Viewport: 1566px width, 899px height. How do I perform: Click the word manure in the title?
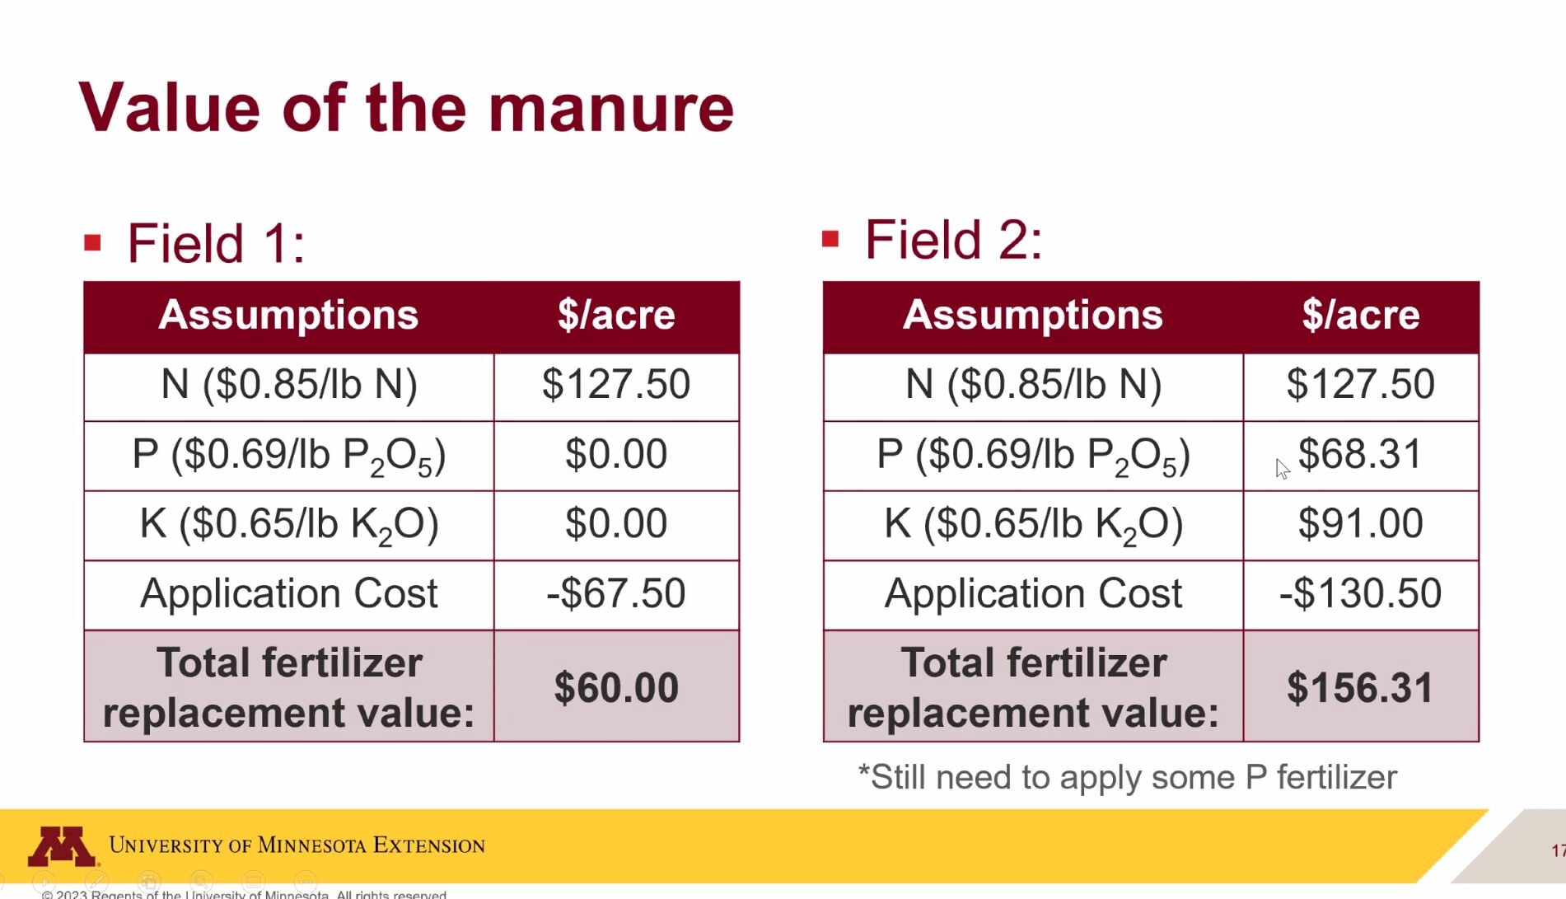pos(610,109)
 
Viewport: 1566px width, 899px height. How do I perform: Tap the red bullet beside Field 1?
pos(92,243)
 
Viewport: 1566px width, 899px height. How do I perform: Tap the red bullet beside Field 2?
pos(830,240)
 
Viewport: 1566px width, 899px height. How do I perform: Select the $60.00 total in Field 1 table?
pos(616,687)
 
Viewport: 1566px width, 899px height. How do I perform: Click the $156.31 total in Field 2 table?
pos(1360,687)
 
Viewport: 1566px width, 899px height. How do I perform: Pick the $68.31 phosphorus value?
pos(1360,454)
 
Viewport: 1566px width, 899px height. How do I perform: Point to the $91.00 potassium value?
pos(1360,523)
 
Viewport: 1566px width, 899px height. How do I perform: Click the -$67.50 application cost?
pos(616,593)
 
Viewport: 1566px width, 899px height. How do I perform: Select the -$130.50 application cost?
pos(1360,593)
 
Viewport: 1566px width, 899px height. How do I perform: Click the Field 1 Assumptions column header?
pos(288,315)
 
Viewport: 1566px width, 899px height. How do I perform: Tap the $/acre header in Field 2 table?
pos(1360,315)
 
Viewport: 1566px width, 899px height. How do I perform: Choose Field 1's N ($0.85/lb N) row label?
pos(288,384)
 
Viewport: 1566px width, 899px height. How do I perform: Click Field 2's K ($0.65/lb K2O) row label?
pos(1033,524)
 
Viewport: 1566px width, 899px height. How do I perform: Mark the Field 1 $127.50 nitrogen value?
pos(616,384)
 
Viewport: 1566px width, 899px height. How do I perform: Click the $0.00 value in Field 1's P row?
pos(616,454)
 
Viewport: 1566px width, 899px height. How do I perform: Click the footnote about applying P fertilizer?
pos(1127,777)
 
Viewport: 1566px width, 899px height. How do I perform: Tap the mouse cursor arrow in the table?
pos(1282,469)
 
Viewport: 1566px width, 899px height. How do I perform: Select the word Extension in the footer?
pos(428,845)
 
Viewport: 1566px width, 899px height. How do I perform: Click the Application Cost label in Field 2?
pos(1033,593)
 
